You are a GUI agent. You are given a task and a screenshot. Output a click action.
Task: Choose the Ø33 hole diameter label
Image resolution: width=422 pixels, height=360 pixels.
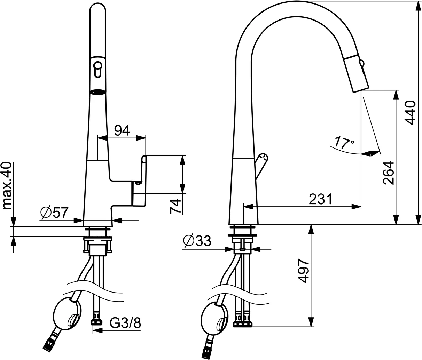click(x=197, y=241)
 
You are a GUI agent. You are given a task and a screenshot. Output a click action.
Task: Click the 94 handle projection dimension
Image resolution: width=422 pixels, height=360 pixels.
click(x=122, y=130)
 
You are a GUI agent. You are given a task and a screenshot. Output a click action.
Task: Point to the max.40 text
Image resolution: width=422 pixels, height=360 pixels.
click(x=8, y=186)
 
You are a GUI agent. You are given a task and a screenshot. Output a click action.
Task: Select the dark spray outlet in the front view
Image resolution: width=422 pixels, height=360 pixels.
click(x=97, y=92)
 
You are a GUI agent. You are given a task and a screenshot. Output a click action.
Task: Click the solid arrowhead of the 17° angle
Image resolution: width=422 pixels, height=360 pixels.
click(x=370, y=153)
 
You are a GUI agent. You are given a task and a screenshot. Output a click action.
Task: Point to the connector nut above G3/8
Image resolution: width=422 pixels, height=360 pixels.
click(x=96, y=319)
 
